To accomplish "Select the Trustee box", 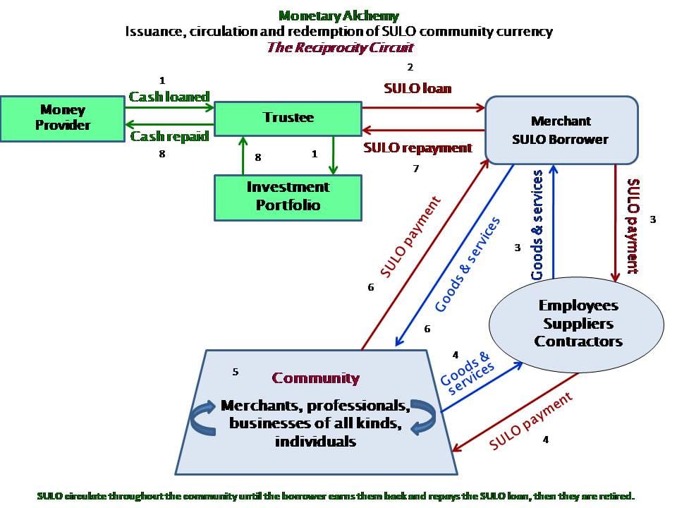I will pyautogui.click(x=288, y=117).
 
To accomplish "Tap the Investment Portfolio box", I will pyautogui.click(x=288, y=197).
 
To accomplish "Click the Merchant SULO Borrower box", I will pyautogui.click(x=561, y=131).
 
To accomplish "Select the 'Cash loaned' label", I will pyautogui.click(x=169, y=97).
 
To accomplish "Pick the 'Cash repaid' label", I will pyautogui.click(x=169, y=137).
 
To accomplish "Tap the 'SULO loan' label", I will pyautogui.click(x=417, y=89).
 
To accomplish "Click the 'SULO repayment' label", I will pyautogui.click(x=417, y=148).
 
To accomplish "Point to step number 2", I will pyautogui.click(x=410, y=68).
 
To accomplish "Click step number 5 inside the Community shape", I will pyautogui.click(x=236, y=371).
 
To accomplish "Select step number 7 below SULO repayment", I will pyautogui.click(x=416, y=169).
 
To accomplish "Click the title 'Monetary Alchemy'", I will pyautogui.click(x=338, y=16).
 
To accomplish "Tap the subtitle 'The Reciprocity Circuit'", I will pyautogui.click(x=340, y=48).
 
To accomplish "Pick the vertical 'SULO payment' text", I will pyautogui.click(x=633, y=226).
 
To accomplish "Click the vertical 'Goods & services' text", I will pyautogui.click(x=537, y=224).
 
